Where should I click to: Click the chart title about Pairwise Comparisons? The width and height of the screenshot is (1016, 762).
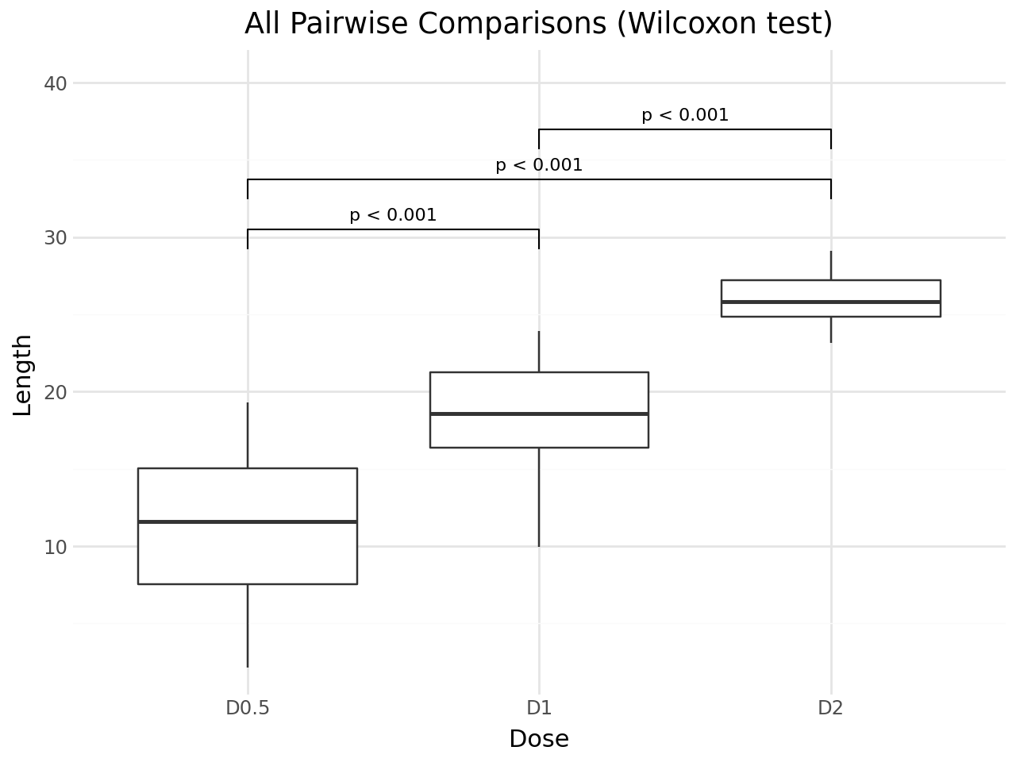coord(538,24)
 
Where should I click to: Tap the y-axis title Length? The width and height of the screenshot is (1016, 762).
coord(23,375)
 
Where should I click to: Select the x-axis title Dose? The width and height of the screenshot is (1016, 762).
coord(539,739)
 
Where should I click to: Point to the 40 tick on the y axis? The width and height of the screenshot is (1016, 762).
coord(56,83)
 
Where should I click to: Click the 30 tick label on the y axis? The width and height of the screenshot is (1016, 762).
coord(56,238)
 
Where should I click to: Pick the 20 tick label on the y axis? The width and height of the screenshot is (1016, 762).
coord(56,392)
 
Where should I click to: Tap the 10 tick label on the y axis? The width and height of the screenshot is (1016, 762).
coord(56,547)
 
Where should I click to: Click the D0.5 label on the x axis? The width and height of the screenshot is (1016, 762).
coord(248,707)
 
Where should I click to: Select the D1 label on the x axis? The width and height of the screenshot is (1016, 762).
coord(539,707)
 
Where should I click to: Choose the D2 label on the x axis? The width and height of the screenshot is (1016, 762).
coord(830,707)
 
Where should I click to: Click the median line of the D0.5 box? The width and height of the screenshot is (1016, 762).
coord(248,521)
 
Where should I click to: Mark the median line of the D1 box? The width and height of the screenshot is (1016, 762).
coord(539,414)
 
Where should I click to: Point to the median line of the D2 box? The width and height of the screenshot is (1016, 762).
coord(830,302)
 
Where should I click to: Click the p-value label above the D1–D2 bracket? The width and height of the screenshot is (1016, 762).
coord(685,115)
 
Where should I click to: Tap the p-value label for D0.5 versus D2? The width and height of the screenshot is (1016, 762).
coord(539,165)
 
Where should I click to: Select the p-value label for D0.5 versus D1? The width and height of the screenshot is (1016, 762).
coord(393,215)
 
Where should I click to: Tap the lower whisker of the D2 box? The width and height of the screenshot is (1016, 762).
coord(830,329)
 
